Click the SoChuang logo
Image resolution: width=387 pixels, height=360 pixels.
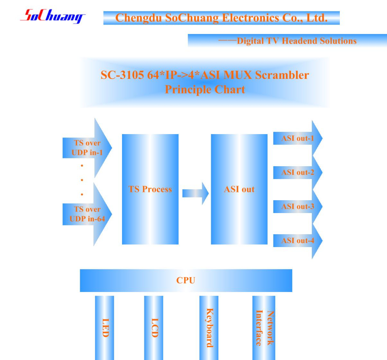pyautogui.click(x=53, y=16)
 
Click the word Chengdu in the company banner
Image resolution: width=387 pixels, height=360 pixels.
pyautogui.click(x=139, y=18)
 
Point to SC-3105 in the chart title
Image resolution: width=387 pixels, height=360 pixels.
pyautogui.click(x=122, y=75)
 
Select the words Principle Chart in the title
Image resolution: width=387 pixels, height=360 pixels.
pyautogui.click(x=205, y=90)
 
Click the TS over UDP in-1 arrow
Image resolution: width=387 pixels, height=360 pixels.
pyautogui.click(x=87, y=148)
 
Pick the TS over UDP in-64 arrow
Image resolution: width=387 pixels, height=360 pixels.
pyautogui.click(x=87, y=214)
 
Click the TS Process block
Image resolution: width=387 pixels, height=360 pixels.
pyautogui.click(x=150, y=189)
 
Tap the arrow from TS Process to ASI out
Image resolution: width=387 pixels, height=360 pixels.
pyautogui.click(x=195, y=193)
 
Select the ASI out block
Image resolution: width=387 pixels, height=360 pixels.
pyautogui.click(x=239, y=189)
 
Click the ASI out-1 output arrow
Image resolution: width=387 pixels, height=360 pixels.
pyautogui.click(x=298, y=138)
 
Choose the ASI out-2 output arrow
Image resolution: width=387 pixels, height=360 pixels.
pyautogui.click(x=298, y=172)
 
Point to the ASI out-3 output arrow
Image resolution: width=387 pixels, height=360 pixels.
pyautogui.click(x=298, y=206)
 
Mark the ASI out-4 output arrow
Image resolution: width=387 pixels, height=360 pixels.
pyautogui.click(x=298, y=241)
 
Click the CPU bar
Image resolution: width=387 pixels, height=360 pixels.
pyautogui.click(x=186, y=281)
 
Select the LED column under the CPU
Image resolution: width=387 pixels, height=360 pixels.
pyautogui.click(x=104, y=328)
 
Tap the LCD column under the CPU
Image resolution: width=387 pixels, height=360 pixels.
pyautogui.click(x=153, y=328)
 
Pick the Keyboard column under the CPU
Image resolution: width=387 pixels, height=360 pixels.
pyautogui.click(x=209, y=328)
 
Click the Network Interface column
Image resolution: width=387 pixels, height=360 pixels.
pyautogui.click(x=263, y=328)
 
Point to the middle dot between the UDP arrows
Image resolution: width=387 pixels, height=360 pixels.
pyautogui.click(x=82, y=180)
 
